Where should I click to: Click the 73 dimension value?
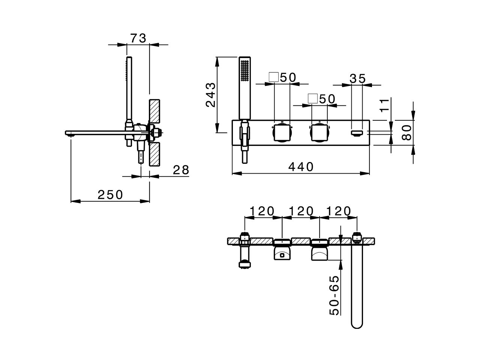[x=138, y=38]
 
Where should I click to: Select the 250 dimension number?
[x=110, y=195]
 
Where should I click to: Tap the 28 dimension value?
[x=181, y=170]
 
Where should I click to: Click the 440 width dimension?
[x=301, y=166]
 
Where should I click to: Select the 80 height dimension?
[x=406, y=132]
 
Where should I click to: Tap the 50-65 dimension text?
[x=334, y=295]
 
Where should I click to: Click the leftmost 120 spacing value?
[x=262, y=211]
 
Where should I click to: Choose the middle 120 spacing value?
[x=300, y=211]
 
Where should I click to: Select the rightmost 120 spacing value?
[x=338, y=211]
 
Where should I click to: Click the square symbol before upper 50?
[x=274, y=77]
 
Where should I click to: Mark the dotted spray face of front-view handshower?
[x=245, y=70]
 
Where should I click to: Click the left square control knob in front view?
[x=282, y=132]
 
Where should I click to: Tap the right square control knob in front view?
[x=319, y=132]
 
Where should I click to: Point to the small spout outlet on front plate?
[x=357, y=132]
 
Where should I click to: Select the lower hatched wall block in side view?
[x=154, y=154]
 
